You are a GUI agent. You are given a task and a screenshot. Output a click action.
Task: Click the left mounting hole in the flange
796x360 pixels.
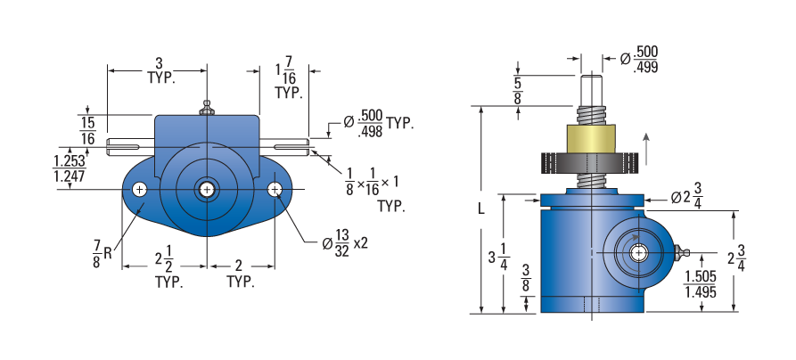point(140,190)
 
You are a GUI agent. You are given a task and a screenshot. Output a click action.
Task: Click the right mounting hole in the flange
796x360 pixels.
point(275,190)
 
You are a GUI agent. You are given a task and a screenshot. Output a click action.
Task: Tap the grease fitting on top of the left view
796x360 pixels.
point(206,108)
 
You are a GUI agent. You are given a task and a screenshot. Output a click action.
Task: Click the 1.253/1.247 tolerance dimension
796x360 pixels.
point(70,168)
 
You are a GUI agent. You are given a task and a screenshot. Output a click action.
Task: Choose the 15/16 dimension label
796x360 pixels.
point(87,130)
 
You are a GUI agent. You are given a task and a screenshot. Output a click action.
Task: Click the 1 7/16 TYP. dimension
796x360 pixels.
point(288,78)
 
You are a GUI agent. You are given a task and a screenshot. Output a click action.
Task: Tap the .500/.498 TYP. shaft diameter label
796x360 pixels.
point(378,123)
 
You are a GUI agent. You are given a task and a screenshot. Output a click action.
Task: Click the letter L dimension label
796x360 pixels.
point(481,209)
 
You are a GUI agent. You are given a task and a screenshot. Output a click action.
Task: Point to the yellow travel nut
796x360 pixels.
point(591,138)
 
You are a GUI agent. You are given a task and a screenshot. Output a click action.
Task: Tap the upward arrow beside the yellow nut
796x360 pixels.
point(645,149)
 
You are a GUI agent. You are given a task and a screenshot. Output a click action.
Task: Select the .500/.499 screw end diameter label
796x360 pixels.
point(640,60)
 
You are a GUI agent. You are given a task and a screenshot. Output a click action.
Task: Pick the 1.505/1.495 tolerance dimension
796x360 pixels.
point(701,284)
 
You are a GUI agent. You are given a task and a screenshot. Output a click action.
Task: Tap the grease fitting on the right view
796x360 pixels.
point(682,252)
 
